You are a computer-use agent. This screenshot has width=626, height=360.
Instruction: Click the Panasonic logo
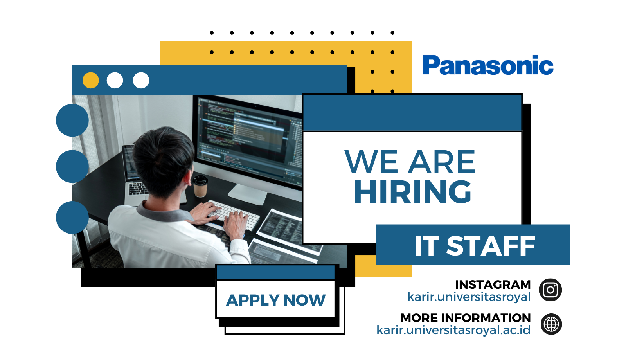[x=488, y=65]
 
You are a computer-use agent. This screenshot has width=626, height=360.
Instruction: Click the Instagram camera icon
[x=550, y=290]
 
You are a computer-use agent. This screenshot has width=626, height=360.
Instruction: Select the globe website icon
[x=551, y=324]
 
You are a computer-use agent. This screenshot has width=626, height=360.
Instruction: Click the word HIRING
[x=412, y=192]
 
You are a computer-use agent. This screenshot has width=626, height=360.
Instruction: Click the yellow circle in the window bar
[x=90, y=81]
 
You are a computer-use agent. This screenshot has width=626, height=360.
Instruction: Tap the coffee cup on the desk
[x=200, y=186]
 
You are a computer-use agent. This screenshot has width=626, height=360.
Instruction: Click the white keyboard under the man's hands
[x=233, y=215]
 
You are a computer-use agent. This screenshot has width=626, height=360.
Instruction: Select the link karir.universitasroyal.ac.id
[x=453, y=330]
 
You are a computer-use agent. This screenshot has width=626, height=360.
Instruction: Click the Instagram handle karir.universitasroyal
[x=469, y=297]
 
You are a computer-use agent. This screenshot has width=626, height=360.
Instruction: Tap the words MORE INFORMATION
[x=466, y=318]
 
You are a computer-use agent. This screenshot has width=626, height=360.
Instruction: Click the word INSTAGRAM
[x=493, y=284]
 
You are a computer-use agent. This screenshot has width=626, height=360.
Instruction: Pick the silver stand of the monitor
[x=248, y=194]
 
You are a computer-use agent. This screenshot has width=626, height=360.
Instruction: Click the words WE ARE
[x=410, y=162]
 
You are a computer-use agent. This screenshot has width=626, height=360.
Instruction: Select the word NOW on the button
[x=304, y=300]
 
